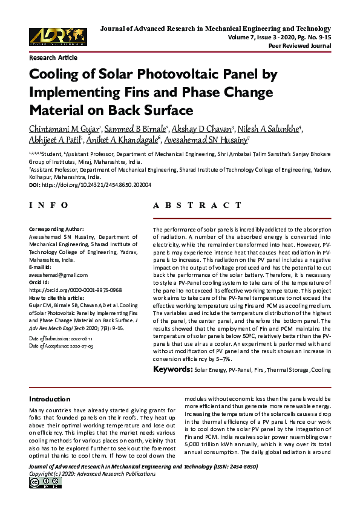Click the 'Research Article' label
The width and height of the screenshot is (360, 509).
point(53,57)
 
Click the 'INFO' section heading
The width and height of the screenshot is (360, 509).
point(49,206)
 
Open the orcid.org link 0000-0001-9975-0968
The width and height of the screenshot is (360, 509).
point(76,290)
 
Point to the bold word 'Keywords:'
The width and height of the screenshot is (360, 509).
point(172,369)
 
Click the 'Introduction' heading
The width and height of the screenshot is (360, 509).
point(50,400)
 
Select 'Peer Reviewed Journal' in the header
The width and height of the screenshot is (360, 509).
point(301,46)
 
